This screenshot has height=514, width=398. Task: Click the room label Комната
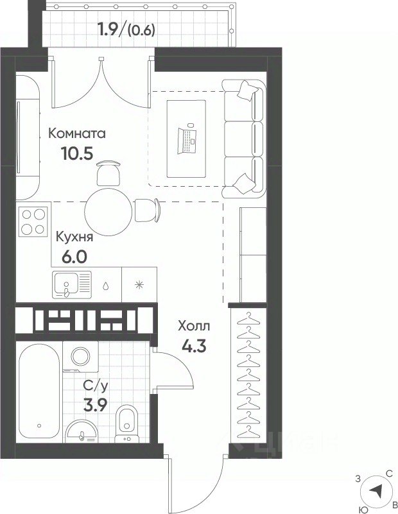(77, 133)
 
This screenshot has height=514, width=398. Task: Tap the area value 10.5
(78, 153)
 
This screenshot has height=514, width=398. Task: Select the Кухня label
(74, 237)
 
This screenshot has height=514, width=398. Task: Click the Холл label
(194, 326)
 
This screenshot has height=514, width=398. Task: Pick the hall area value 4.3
(194, 345)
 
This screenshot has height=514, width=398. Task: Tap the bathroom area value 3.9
(96, 406)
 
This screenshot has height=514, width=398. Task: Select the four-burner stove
(33, 221)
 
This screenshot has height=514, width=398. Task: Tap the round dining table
(108, 212)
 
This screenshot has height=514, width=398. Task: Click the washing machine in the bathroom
(80, 357)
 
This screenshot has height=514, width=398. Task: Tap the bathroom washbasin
(82, 431)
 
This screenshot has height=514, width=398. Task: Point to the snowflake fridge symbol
(139, 285)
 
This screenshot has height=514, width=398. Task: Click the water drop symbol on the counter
(105, 286)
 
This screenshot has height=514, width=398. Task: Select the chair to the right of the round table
(147, 210)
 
